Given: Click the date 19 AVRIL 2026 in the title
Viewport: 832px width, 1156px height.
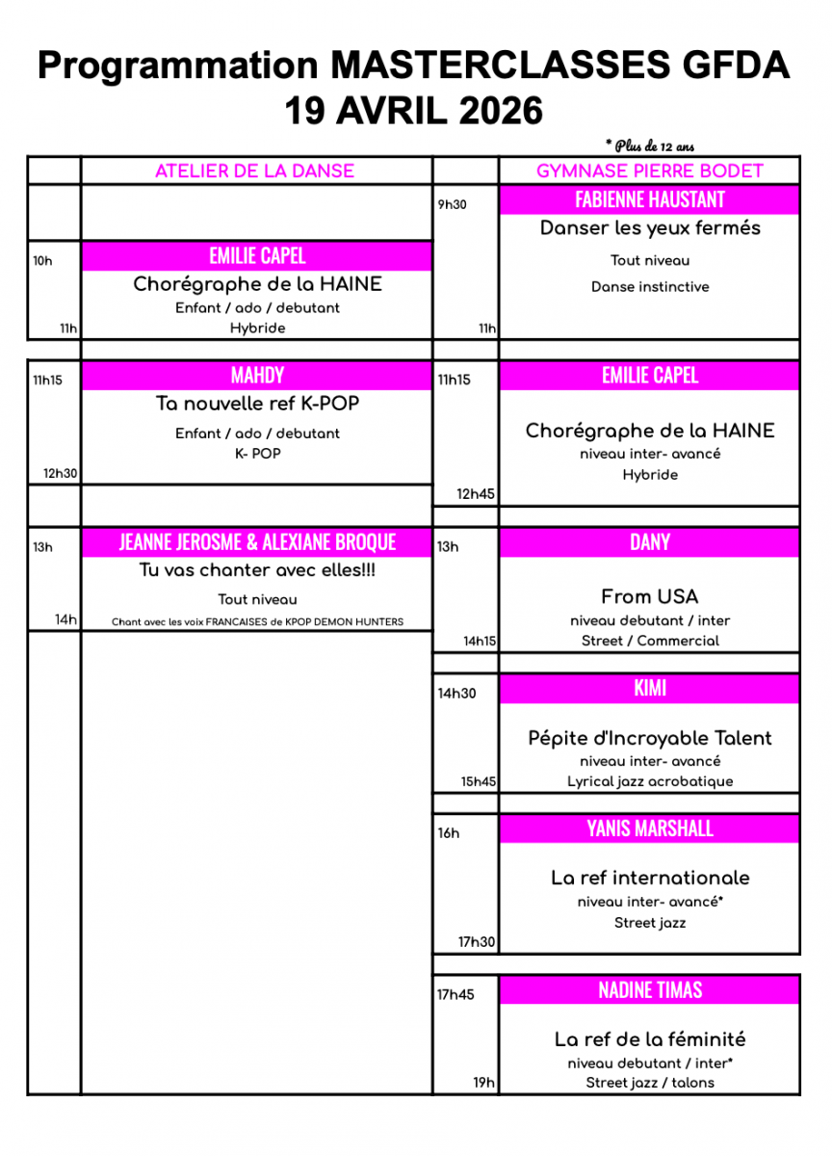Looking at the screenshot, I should tap(414, 111).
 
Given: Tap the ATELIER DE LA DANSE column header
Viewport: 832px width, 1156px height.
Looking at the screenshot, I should tap(255, 171).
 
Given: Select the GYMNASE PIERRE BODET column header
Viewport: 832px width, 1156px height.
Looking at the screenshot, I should tap(649, 171).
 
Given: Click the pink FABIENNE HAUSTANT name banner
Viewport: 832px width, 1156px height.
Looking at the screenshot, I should tap(649, 199).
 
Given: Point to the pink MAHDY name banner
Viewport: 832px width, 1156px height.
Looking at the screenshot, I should tap(257, 376).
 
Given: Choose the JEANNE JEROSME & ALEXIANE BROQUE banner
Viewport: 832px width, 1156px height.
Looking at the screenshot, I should tap(257, 542).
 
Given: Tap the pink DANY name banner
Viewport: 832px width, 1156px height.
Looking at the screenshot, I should tap(649, 542).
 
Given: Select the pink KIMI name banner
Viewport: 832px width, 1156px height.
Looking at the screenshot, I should tap(649, 689).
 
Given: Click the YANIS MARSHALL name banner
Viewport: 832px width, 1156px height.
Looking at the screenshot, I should tap(649, 828).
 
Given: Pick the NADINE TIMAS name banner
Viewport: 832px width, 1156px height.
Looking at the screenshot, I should tap(649, 990).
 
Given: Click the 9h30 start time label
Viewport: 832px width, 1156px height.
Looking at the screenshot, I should tap(452, 204).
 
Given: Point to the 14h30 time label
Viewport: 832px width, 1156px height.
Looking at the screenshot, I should tap(456, 693).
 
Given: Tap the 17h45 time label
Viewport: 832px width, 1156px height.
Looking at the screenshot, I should tap(455, 994).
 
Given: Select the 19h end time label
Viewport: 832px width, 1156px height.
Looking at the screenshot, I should tap(483, 1083).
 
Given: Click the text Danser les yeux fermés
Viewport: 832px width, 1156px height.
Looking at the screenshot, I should tap(649, 228).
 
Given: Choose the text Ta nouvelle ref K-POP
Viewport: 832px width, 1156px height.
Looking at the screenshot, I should tap(257, 405).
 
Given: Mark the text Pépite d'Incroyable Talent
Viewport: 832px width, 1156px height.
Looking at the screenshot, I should tap(649, 739).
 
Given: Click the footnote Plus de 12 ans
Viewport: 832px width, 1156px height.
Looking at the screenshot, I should tap(650, 146).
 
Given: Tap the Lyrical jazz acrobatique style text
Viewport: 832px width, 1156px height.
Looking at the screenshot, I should tap(649, 781).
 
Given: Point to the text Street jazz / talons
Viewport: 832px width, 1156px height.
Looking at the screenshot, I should tap(649, 1083).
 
